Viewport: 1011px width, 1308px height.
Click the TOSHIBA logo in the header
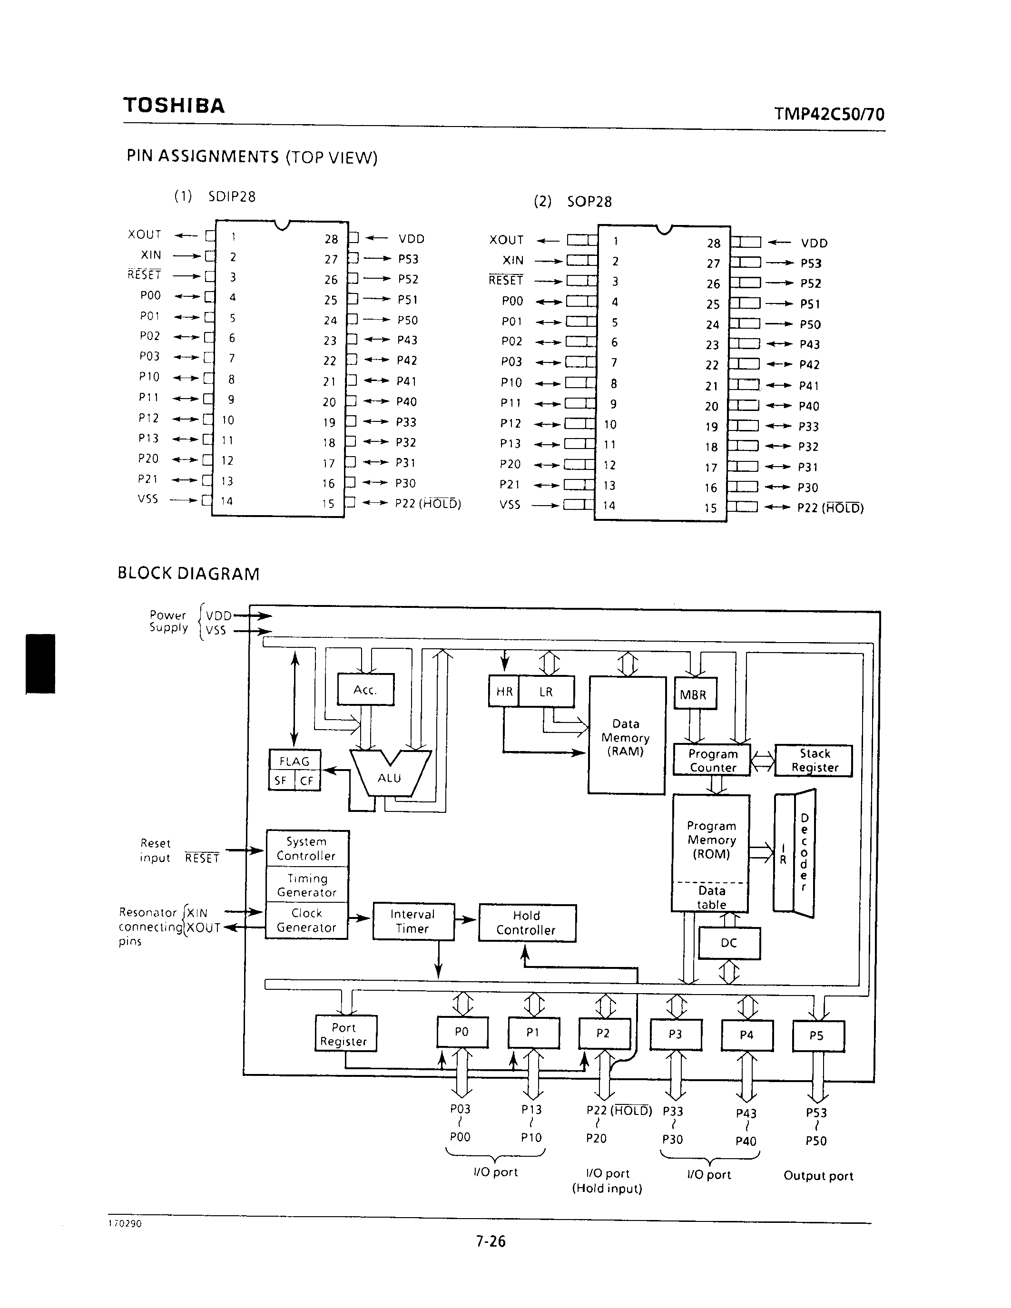click(174, 106)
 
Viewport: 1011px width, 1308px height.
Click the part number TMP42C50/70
click(829, 114)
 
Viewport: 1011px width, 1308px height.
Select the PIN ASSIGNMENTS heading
click(252, 157)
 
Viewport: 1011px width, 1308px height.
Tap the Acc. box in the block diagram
click(365, 690)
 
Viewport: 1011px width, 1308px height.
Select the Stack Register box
click(814, 761)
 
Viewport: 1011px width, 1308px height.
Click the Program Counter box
click(712, 761)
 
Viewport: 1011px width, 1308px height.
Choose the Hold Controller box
click(527, 923)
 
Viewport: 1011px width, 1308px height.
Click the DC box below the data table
click(728, 943)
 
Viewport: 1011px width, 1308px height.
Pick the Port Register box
click(345, 1035)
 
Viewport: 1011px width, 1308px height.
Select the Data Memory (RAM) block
click(627, 737)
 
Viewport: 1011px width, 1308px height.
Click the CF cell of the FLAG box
click(307, 781)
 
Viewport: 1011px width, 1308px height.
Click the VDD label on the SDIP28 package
click(412, 239)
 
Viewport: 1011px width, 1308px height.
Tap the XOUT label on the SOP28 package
click(507, 240)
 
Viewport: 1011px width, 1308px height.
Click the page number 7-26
click(491, 1242)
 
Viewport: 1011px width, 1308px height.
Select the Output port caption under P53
click(818, 1176)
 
